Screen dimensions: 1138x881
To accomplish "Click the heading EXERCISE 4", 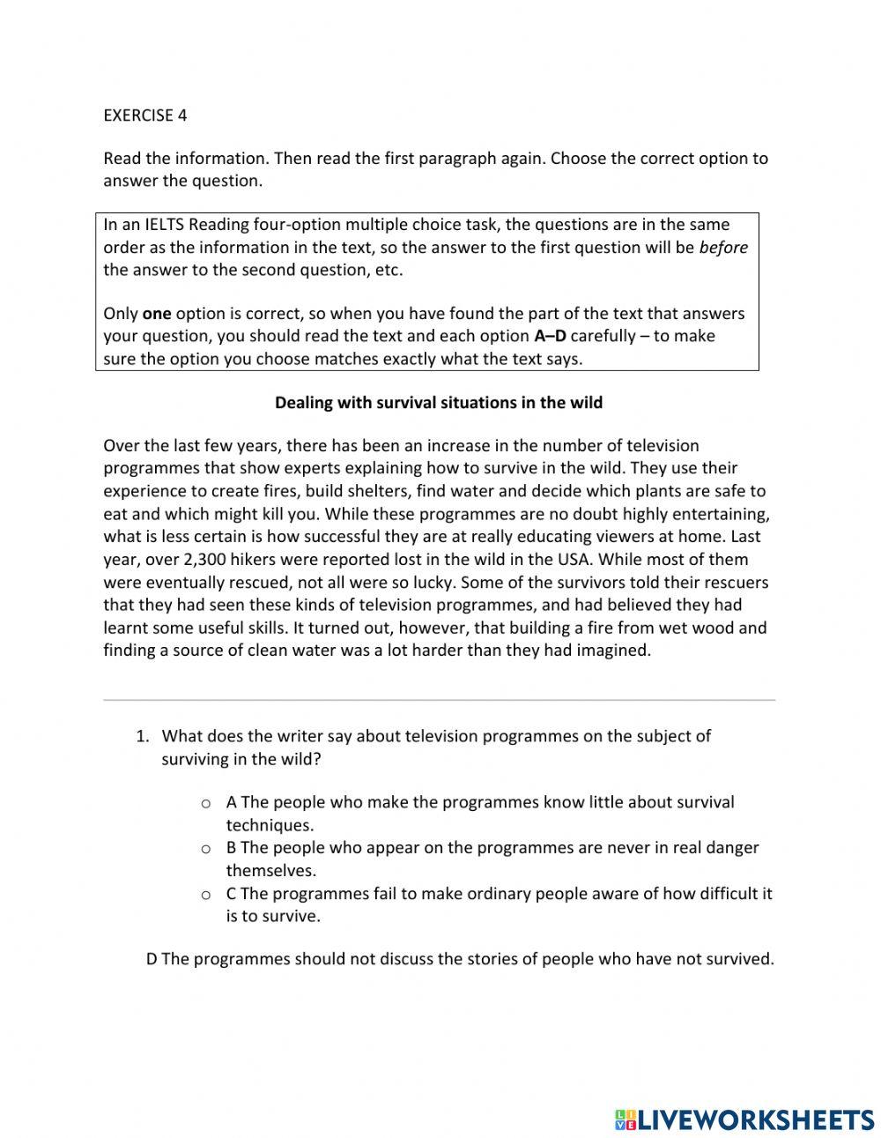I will click(145, 115).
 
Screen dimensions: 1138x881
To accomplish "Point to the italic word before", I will click(723, 248).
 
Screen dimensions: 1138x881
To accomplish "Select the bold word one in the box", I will click(156, 314).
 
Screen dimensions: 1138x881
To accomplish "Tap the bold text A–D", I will click(550, 336).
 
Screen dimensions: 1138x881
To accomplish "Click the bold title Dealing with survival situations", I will click(439, 403).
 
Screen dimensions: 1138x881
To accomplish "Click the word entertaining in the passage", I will click(717, 514).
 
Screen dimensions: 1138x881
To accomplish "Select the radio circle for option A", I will click(205, 804).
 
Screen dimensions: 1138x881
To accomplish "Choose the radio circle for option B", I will click(205, 849).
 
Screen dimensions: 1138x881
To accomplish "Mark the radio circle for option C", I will click(205, 895).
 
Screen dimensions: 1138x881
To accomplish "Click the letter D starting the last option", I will click(152, 960).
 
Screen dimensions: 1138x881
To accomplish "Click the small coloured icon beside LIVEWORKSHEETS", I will click(625, 1119).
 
